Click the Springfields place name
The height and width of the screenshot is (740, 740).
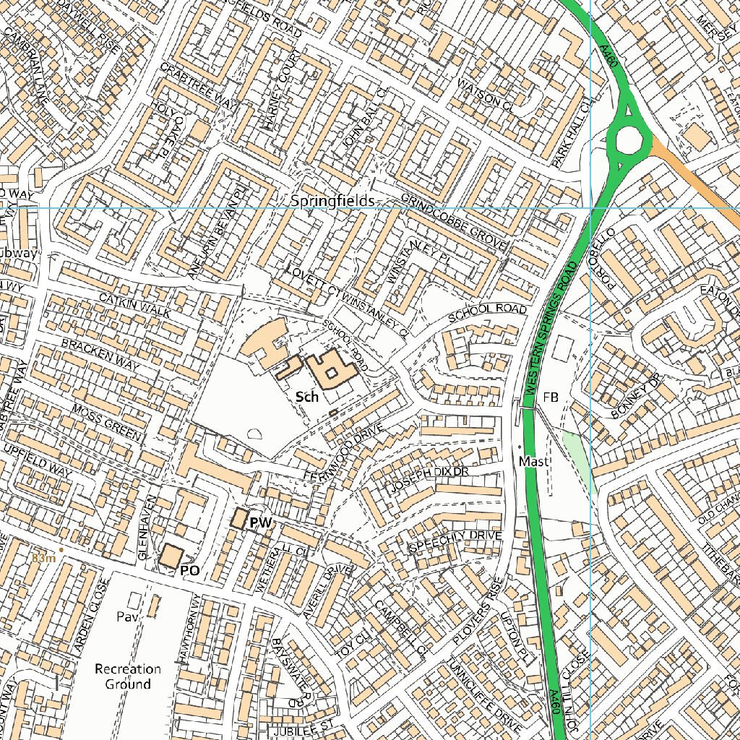[332, 201]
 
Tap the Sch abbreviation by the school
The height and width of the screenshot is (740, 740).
[307, 397]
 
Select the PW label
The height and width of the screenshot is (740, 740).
[259, 522]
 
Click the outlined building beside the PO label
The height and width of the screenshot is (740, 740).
[171, 556]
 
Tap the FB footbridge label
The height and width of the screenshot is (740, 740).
[551, 397]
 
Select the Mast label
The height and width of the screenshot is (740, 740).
[534, 461]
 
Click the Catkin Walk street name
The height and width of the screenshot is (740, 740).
[135, 306]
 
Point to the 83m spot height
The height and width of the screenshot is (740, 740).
[43, 558]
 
